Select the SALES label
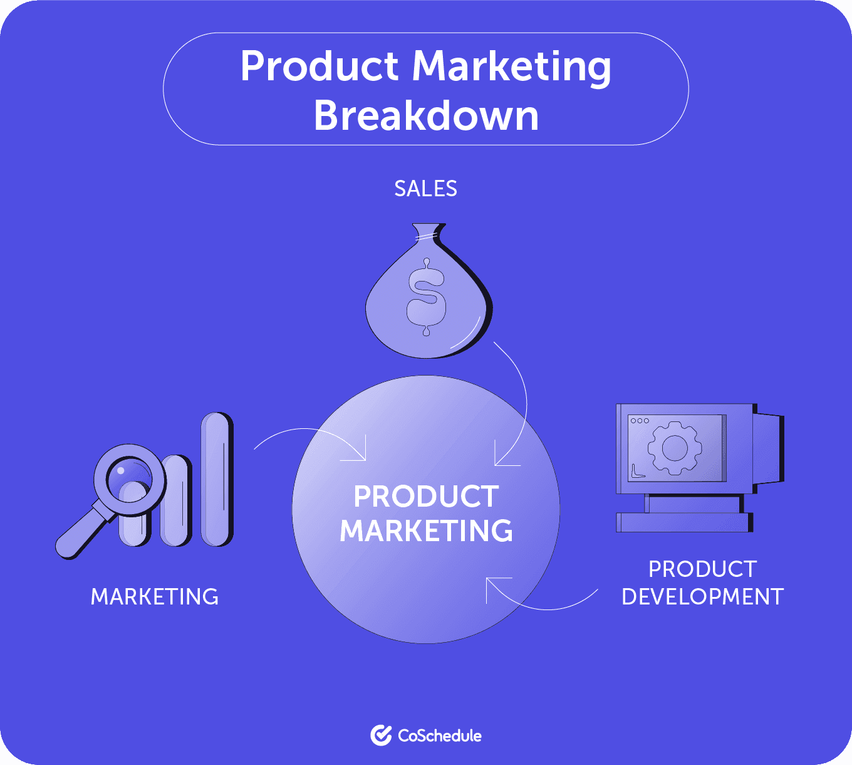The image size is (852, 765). pyautogui.click(x=425, y=189)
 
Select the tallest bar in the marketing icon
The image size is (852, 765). pyautogui.click(x=216, y=479)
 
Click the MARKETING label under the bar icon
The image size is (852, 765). pyautogui.click(x=155, y=596)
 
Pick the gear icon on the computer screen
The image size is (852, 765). pyautogui.click(x=674, y=448)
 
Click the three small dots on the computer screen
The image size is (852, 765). pyautogui.click(x=640, y=421)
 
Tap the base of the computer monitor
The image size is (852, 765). pyautogui.click(x=685, y=522)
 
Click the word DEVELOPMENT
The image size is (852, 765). pyautogui.click(x=702, y=596)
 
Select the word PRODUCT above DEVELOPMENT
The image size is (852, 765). pyautogui.click(x=702, y=569)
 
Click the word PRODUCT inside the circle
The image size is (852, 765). pyautogui.click(x=426, y=497)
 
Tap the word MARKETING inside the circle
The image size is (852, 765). pyautogui.click(x=426, y=531)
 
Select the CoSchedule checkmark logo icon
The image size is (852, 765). pyautogui.click(x=381, y=736)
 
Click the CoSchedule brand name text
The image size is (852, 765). pyautogui.click(x=440, y=736)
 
